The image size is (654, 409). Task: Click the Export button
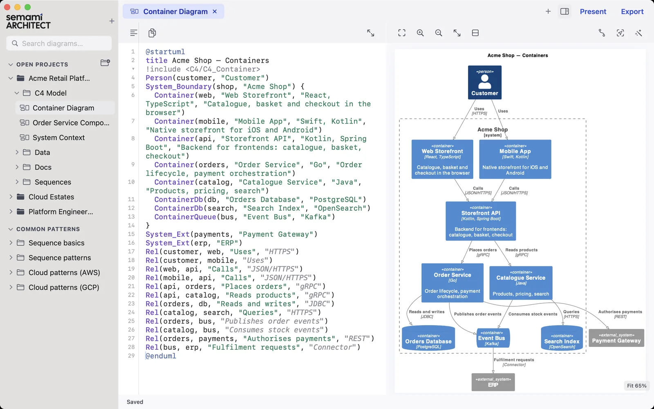tap(632, 12)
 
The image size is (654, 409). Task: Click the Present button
tap(593, 12)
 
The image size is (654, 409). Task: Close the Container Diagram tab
tap(215, 11)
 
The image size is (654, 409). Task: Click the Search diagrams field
tap(59, 43)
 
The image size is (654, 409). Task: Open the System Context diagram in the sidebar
tap(58, 137)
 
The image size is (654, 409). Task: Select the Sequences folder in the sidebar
tap(53, 182)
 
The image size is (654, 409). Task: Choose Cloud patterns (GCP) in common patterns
tap(64, 288)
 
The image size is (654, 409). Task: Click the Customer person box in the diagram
tap(485, 82)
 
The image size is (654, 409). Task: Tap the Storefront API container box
tap(481, 221)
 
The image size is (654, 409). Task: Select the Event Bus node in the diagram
tap(493, 338)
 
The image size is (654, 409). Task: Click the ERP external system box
tap(493, 382)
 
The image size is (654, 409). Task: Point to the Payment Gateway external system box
tap(616, 338)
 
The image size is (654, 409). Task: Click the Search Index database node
tap(562, 338)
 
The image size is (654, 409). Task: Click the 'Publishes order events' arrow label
tap(478, 314)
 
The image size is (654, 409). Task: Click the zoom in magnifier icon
tap(420, 33)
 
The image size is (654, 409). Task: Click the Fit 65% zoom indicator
tap(636, 386)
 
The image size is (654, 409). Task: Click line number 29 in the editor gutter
tap(131, 356)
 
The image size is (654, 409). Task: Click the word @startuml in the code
tap(165, 52)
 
